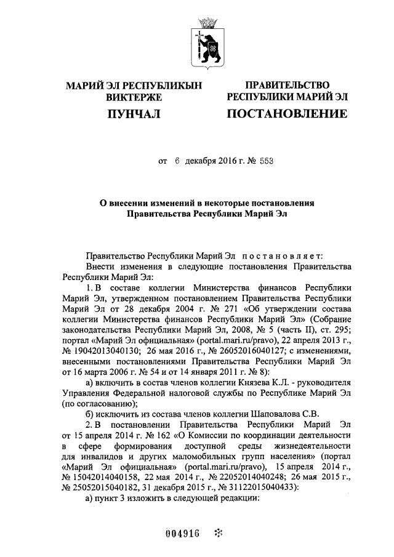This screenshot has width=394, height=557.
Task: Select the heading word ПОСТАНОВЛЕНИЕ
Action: tap(287, 114)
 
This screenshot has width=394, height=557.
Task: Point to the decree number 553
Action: tap(265, 162)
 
